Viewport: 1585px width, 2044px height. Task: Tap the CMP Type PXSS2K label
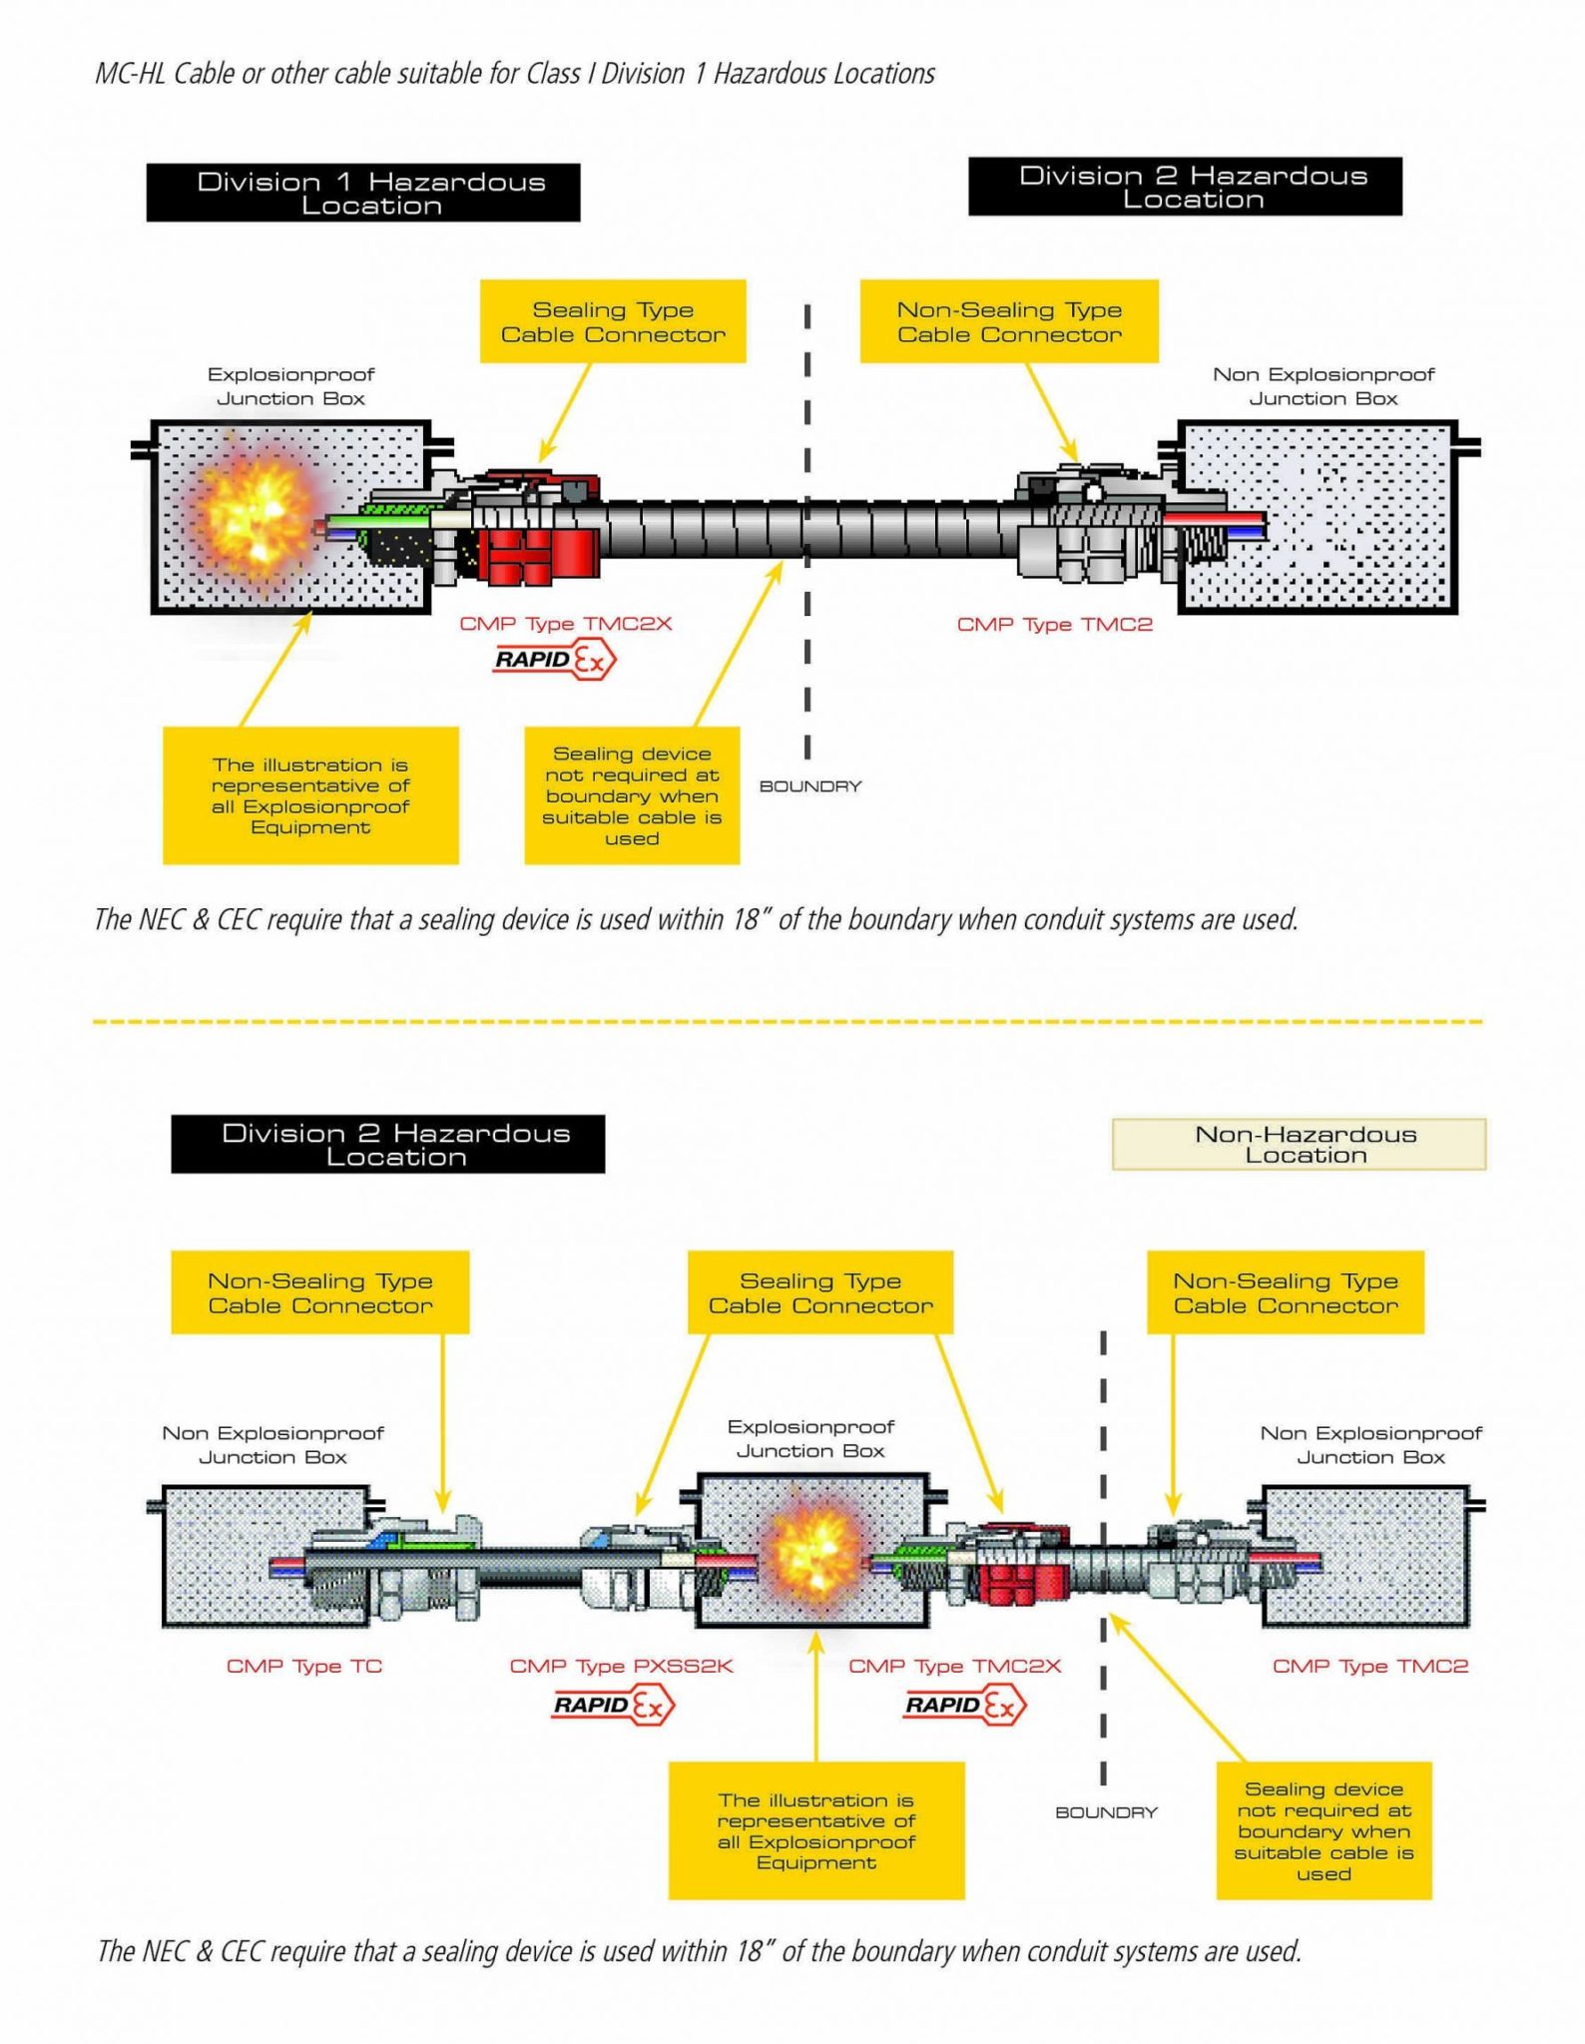[621, 1666]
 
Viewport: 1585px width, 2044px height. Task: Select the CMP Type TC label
[304, 1666]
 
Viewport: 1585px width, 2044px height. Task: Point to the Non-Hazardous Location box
[1299, 1144]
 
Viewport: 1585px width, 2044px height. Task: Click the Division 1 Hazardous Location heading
[363, 193]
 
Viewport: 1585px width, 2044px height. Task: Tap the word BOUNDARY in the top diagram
[809, 786]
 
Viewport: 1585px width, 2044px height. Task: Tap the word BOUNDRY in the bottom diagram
[1106, 1811]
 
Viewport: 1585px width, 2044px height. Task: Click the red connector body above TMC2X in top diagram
[539, 554]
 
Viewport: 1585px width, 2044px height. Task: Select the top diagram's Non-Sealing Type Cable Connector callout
[1009, 321]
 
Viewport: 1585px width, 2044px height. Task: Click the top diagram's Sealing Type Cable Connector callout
[613, 321]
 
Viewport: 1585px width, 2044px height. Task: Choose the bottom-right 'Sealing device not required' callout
[1323, 1830]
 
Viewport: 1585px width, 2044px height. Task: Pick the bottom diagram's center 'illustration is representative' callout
[815, 1830]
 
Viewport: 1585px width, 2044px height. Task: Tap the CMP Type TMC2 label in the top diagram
[1054, 625]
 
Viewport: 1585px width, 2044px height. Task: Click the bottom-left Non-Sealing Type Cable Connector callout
[319, 1292]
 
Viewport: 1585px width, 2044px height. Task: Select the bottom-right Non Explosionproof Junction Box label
[1370, 1444]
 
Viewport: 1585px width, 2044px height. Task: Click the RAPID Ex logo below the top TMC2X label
[555, 660]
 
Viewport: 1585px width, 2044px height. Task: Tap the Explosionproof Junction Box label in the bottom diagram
[810, 1438]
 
